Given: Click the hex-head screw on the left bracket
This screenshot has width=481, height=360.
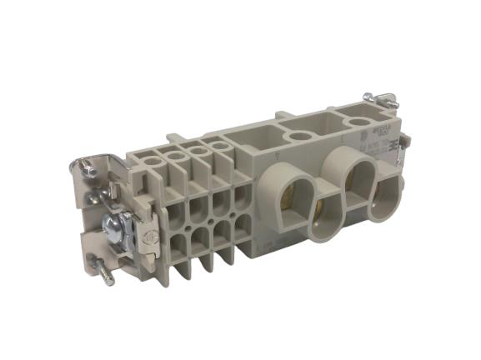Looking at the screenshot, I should pos(115,226).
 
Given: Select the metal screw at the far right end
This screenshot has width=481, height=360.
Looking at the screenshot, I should pos(386,101).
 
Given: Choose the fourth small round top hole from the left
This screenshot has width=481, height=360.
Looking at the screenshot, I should pos(220,147).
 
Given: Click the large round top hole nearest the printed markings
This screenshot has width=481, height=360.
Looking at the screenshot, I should pos(359,122).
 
